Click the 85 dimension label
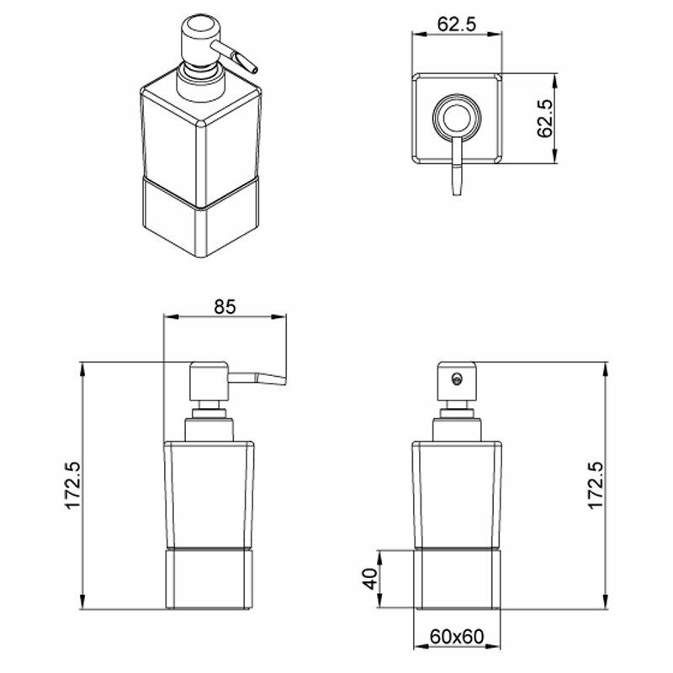[225, 306]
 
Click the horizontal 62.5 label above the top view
[457, 24]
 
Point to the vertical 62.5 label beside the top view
[545, 119]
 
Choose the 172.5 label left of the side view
[73, 486]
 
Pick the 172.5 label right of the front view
[596, 486]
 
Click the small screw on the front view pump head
[457, 378]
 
